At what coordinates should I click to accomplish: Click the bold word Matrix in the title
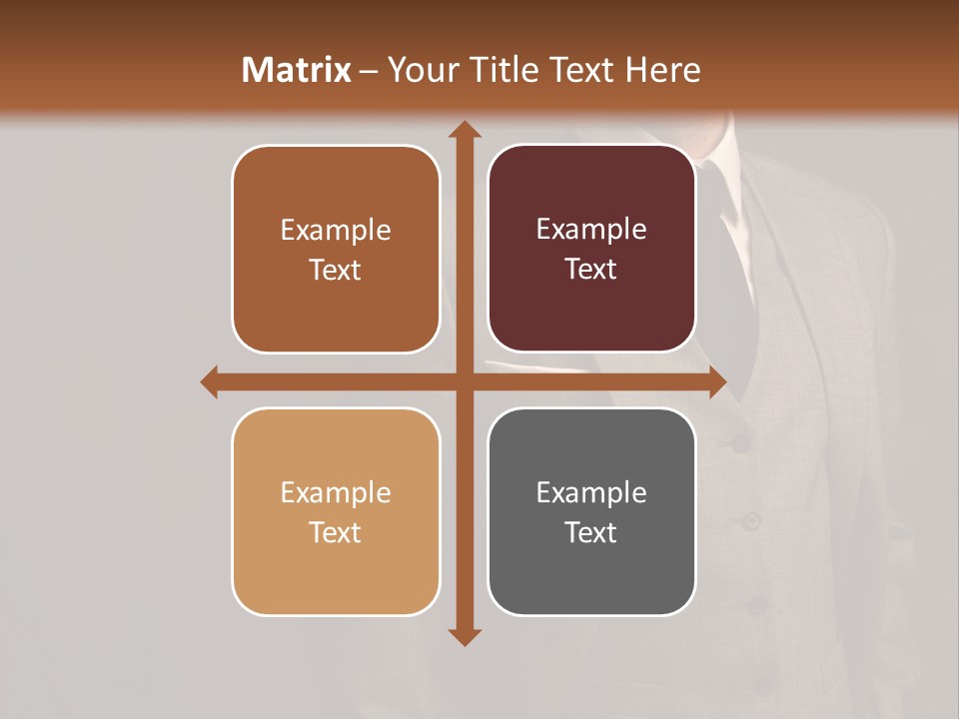coord(297,70)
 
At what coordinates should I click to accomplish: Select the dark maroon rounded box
coord(591,249)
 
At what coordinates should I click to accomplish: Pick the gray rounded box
coord(591,511)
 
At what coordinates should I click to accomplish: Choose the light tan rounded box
coord(336,511)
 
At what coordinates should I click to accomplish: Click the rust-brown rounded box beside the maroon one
coord(336,249)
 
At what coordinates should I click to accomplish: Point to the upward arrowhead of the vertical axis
coord(465,130)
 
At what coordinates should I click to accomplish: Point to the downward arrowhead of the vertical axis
coord(465,636)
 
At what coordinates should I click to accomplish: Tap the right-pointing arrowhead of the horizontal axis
coord(716,381)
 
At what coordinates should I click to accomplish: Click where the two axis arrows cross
coord(465,381)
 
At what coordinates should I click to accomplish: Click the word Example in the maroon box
coord(591,230)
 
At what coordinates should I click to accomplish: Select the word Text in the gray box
coord(591,532)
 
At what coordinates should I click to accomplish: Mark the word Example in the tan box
coord(336,492)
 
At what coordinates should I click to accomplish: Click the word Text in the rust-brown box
coord(336,270)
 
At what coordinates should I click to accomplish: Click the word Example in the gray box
coord(591,492)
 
